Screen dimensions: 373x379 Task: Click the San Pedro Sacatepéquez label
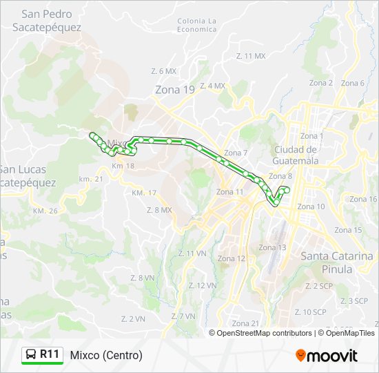[x=46, y=20]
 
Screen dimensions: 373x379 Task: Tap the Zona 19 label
[x=175, y=89]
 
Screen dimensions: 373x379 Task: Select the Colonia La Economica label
[x=196, y=25]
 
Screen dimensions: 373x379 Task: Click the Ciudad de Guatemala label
[x=296, y=155]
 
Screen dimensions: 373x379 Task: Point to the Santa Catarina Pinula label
[x=336, y=262]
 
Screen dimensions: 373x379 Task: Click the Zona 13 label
[x=272, y=247]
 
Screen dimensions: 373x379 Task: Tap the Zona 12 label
[x=232, y=258]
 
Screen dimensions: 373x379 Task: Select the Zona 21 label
[x=245, y=323]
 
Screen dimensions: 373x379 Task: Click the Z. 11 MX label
[x=250, y=55]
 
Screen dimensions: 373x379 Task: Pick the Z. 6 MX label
[x=164, y=71]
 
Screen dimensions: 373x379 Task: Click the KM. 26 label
[x=45, y=210]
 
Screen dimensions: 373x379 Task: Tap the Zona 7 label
[x=236, y=153]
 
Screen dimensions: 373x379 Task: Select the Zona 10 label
[x=311, y=207]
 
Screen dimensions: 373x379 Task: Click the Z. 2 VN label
[x=132, y=318]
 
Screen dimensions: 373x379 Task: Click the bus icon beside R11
[x=31, y=355]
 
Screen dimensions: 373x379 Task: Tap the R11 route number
[x=50, y=354]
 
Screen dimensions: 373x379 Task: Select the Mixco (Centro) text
[x=106, y=355]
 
